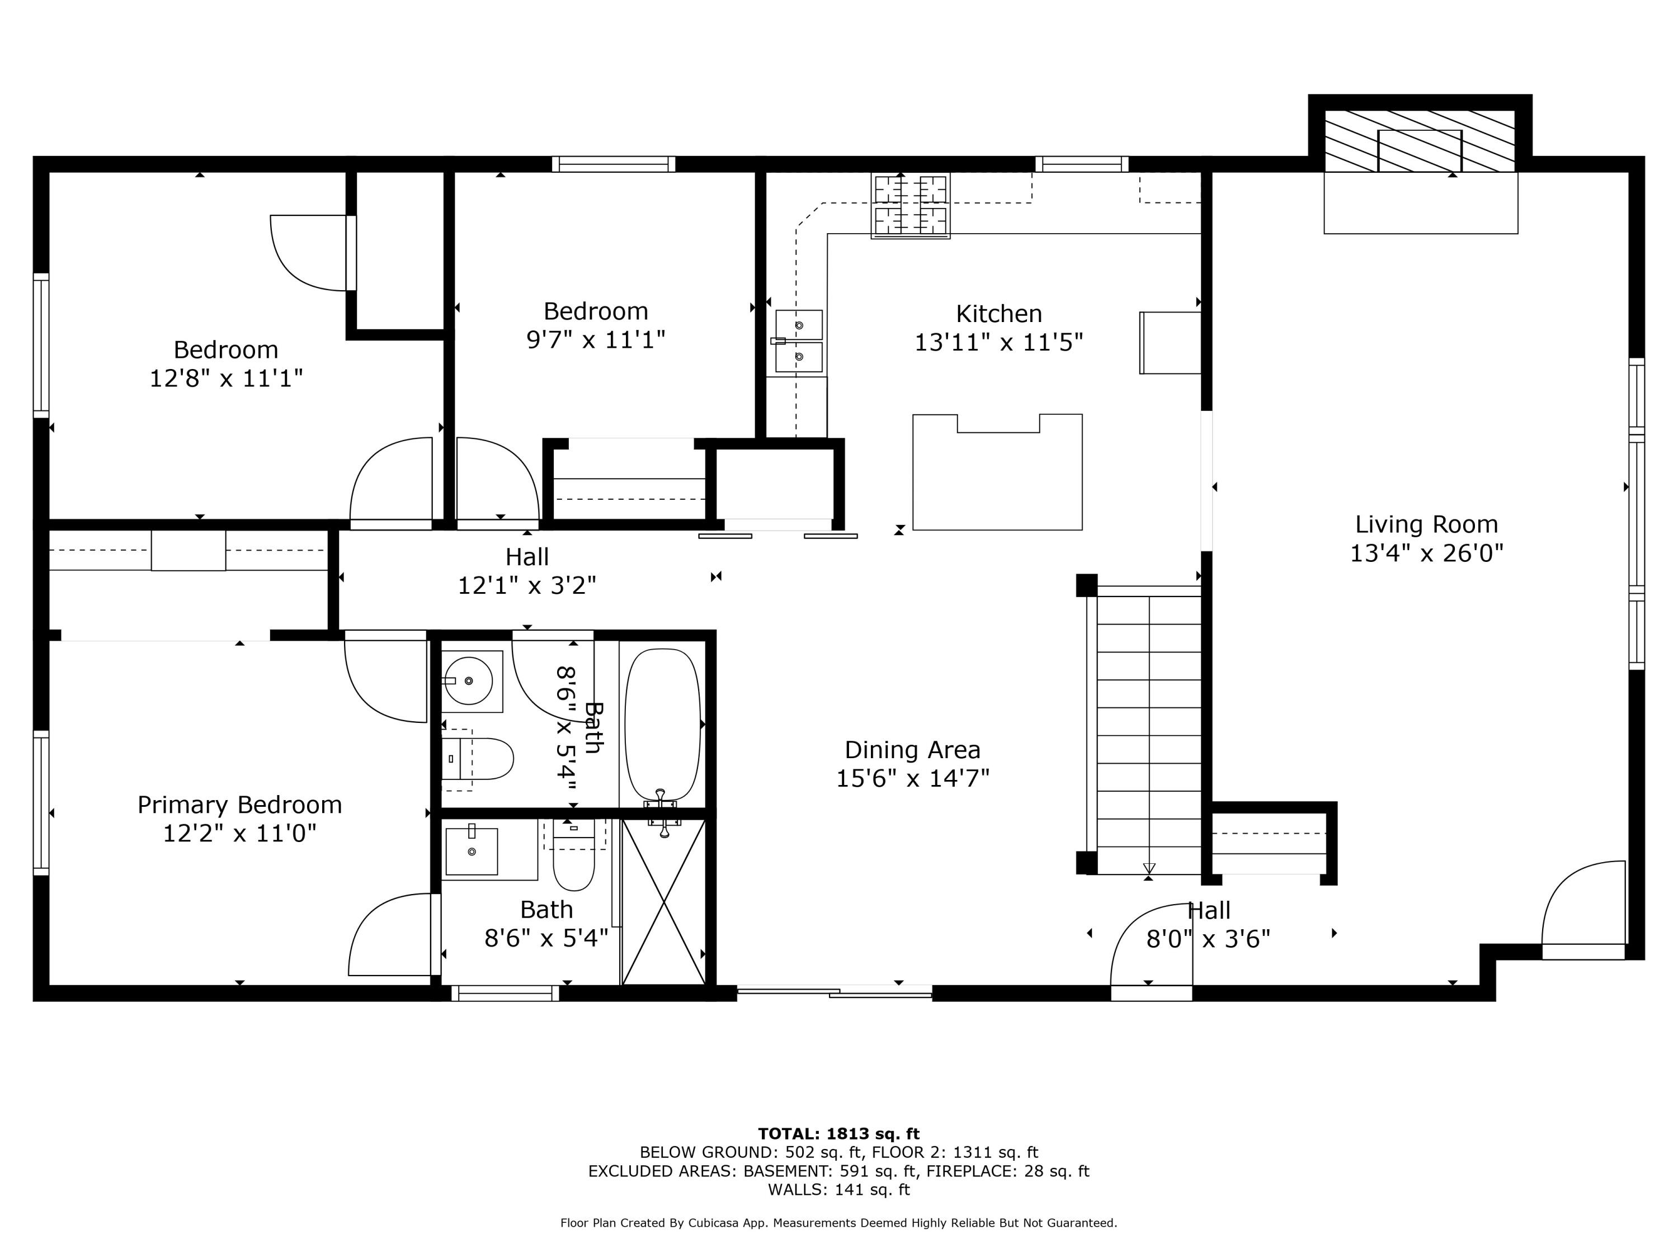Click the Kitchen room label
point(998,313)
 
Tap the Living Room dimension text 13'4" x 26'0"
point(1426,553)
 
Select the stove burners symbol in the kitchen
point(910,205)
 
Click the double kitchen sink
point(799,341)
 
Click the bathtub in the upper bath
point(662,724)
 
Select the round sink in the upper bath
point(469,681)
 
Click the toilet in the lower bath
point(573,860)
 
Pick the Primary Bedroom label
point(240,805)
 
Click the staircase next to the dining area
point(1148,732)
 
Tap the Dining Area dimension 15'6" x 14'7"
point(913,779)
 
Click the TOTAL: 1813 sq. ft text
point(838,1134)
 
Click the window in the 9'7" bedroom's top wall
point(613,164)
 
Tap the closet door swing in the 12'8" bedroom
point(311,253)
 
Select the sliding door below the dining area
point(835,991)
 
